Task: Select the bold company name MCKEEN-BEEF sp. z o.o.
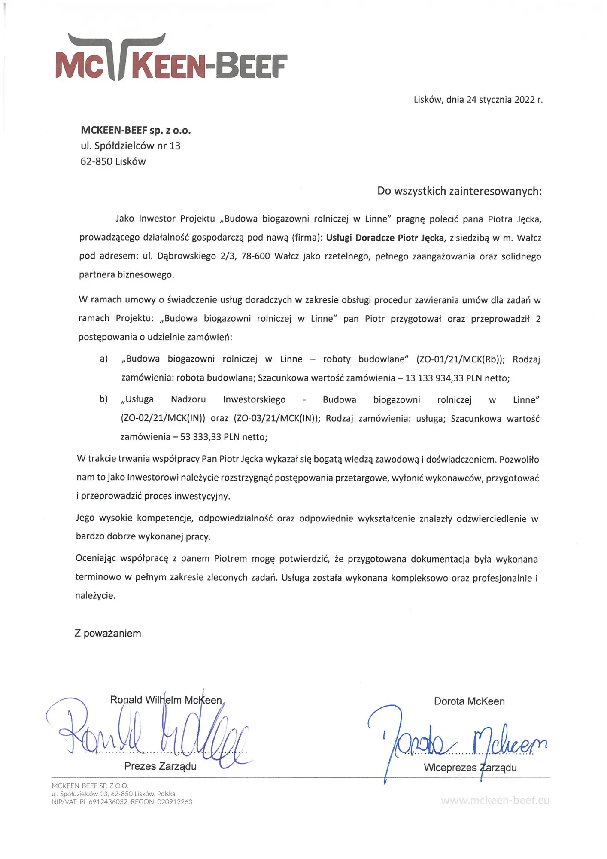(x=136, y=130)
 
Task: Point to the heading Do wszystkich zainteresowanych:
(x=459, y=191)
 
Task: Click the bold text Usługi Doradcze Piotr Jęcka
(x=385, y=238)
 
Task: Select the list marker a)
(x=103, y=359)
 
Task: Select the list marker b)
(x=103, y=399)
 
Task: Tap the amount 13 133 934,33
(x=434, y=378)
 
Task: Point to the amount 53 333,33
(x=200, y=437)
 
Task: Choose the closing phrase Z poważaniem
(x=108, y=633)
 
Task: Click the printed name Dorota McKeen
(x=469, y=701)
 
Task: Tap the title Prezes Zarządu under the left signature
(x=160, y=766)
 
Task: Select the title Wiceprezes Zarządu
(x=470, y=768)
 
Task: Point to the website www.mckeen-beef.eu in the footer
(x=495, y=800)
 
